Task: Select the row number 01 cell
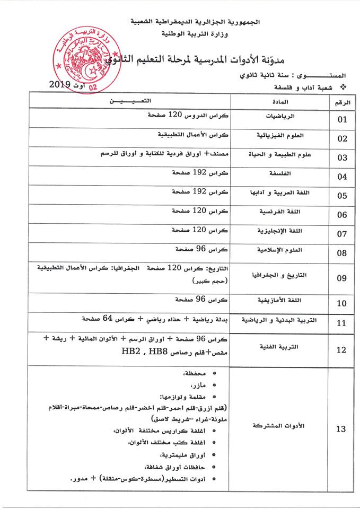tap(342, 119)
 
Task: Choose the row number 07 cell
tap(342, 234)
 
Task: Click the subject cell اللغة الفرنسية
tap(279, 212)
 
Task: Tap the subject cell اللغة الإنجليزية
tap(279, 231)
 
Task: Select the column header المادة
tap(279, 101)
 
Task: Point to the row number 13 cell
tap(342, 429)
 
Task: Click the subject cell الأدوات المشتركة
tap(279, 426)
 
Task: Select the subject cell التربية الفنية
tap(279, 347)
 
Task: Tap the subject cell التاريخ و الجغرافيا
tap(279, 275)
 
